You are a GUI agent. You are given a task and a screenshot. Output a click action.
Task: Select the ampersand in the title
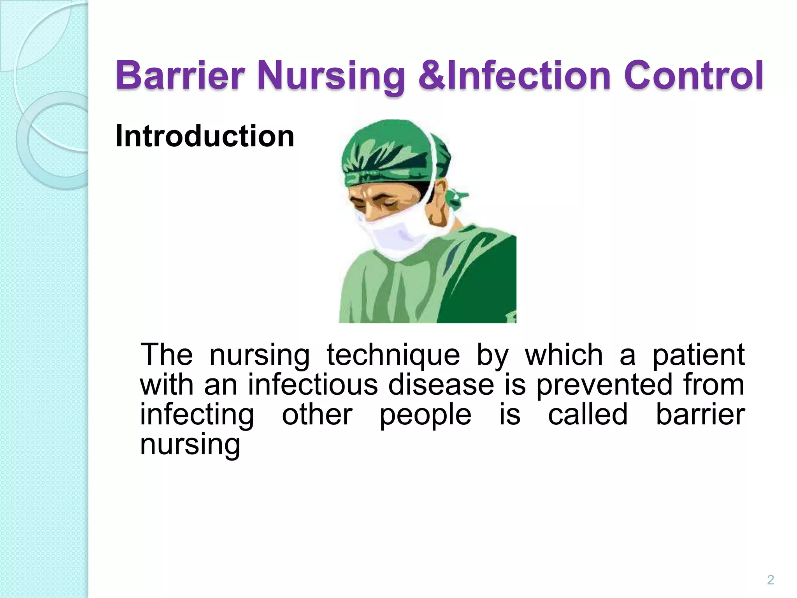point(432,76)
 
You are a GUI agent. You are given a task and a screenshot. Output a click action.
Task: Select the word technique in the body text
point(393,355)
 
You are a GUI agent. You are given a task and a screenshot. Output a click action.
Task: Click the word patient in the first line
point(698,355)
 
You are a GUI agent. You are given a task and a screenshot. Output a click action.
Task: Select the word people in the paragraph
point(425,415)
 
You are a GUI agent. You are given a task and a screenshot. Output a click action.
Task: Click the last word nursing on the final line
point(190,445)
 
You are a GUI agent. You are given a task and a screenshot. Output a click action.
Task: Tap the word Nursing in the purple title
point(331,76)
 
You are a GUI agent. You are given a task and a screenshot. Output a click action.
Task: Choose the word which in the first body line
point(564,355)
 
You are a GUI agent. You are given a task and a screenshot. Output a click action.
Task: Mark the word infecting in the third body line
point(197,415)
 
